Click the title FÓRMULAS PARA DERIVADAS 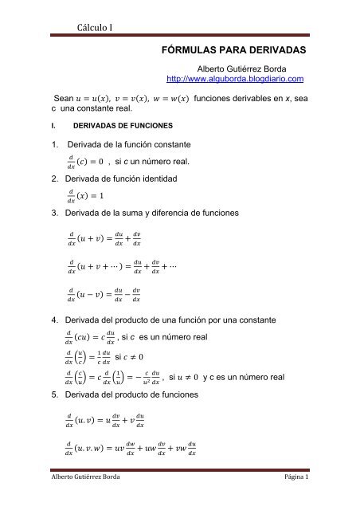pyautogui.click(x=239, y=49)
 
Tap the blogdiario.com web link pyautogui.click(x=236, y=80)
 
